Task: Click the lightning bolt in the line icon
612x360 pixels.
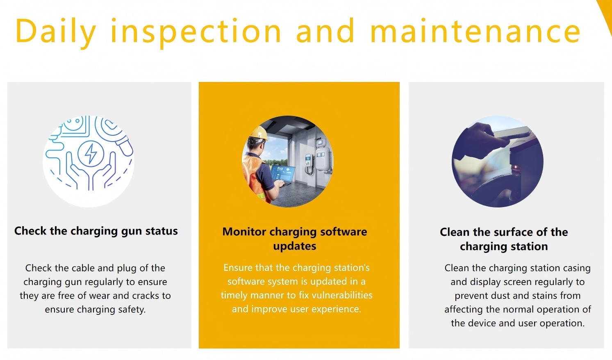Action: (x=91, y=153)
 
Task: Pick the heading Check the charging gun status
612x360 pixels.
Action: (x=96, y=231)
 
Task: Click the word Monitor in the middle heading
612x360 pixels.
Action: (x=244, y=232)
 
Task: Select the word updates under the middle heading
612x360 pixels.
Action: (x=295, y=246)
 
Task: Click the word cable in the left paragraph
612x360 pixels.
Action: (x=83, y=268)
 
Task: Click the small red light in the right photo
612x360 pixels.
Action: (x=515, y=166)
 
